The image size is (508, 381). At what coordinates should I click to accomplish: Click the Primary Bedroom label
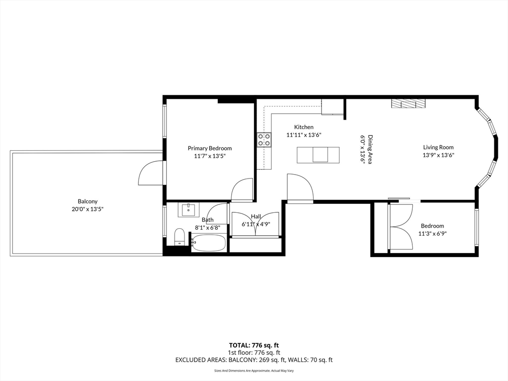[210, 148]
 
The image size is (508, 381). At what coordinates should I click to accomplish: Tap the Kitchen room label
[304, 127]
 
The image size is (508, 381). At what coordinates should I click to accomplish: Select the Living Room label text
[439, 147]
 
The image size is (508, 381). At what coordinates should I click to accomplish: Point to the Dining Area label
[370, 149]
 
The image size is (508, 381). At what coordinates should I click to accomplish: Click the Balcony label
[87, 201]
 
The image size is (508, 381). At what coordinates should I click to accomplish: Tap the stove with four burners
[264, 139]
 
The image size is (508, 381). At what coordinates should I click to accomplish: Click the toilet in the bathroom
[179, 237]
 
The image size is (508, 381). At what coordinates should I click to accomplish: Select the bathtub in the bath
[208, 243]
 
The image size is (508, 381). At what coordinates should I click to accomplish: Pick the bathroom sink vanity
[188, 210]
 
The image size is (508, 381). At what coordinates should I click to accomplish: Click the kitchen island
[318, 155]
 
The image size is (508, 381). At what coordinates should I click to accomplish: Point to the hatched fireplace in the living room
[408, 104]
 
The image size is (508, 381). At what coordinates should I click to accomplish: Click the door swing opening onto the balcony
[151, 173]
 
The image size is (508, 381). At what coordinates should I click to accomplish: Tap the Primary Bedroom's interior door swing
[242, 190]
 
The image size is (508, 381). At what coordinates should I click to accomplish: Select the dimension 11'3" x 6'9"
[433, 234]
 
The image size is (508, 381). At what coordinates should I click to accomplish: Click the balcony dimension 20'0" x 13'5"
[87, 209]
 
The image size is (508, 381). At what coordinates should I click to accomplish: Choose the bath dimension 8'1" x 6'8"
[207, 227]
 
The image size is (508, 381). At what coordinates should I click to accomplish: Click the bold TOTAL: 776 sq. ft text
[254, 345]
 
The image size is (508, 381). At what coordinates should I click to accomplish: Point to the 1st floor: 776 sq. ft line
[254, 353]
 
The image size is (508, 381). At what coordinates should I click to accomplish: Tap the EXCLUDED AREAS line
[254, 360]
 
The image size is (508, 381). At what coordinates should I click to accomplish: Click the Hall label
[256, 216]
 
